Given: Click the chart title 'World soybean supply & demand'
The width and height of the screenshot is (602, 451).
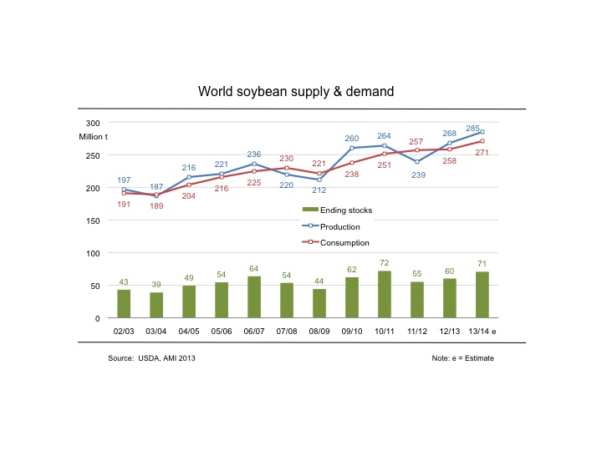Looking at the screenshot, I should pos(295,90).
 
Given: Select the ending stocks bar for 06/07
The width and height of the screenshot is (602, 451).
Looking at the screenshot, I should pos(254,296).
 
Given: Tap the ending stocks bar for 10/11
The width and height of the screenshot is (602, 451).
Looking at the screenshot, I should pos(385,294).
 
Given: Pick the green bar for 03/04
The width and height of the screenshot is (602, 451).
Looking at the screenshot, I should pos(156,305).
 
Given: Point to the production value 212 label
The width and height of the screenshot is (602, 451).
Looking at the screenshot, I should pos(319,190).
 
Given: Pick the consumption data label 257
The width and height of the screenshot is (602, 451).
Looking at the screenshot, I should pos(416,141).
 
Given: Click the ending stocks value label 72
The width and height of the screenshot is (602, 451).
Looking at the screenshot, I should pos(385,262).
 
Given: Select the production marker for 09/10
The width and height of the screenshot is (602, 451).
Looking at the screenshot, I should pos(352,148).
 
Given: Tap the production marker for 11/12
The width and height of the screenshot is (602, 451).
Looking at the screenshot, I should pos(417,161).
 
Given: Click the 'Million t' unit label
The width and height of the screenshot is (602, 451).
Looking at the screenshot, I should pos(94,136).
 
